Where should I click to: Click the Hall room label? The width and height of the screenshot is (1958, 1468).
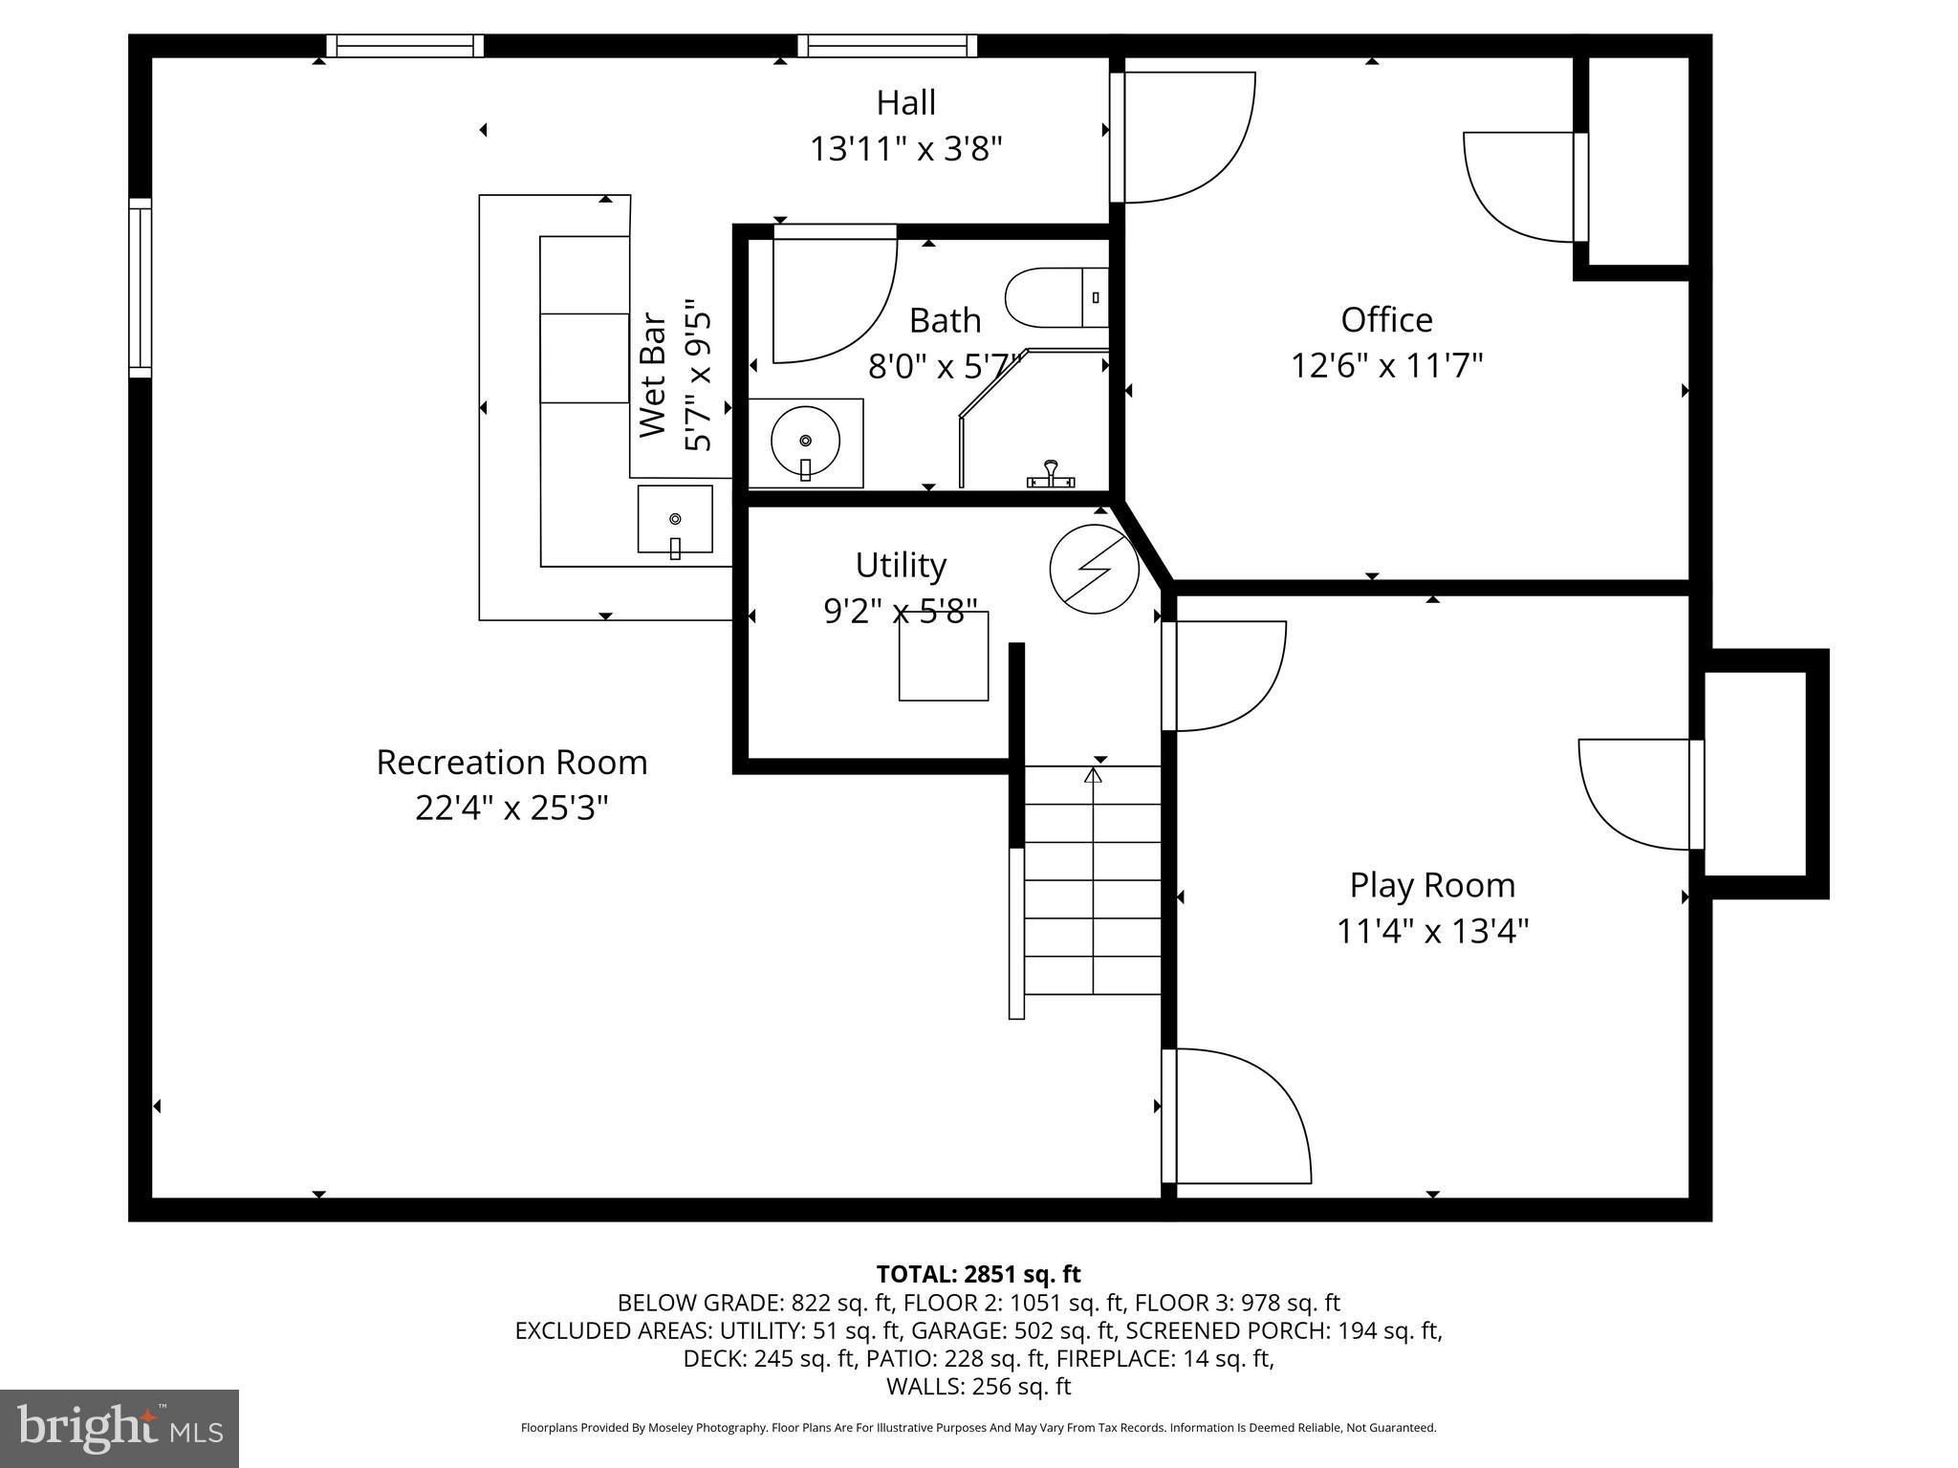click(x=905, y=103)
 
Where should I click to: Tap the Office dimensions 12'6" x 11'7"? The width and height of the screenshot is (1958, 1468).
click(x=1386, y=366)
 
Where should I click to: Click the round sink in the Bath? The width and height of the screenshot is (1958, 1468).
click(x=805, y=442)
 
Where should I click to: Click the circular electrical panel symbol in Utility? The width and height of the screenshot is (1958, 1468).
click(x=1094, y=568)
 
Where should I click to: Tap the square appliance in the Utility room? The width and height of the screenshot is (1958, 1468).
click(x=943, y=657)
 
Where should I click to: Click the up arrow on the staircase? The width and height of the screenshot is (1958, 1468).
click(x=1093, y=774)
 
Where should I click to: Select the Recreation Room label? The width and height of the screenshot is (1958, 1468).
click(x=511, y=763)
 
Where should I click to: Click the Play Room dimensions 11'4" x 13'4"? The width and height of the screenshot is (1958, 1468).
click(x=1431, y=931)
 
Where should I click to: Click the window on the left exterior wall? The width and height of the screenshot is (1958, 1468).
click(x=140, y=288)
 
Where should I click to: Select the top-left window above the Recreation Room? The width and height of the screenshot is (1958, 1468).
click(x=405, y=46)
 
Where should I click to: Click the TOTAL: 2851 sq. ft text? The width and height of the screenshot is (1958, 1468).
click(x=978, y=1274)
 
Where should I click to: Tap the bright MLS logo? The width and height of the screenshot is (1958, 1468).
click(x=120, y=1428)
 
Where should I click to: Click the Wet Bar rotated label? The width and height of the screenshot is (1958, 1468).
click(x=652, y=376)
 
